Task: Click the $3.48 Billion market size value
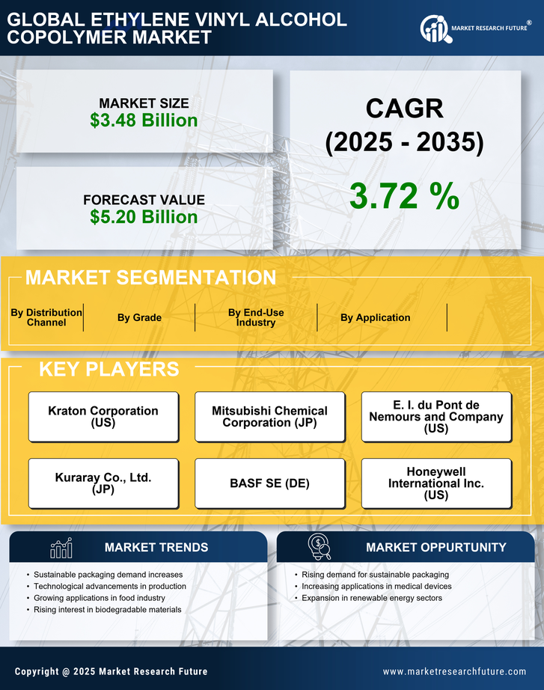[x=144, y=120]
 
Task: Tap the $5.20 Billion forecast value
[x=144, y=217]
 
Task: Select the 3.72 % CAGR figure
[x=404, y=196]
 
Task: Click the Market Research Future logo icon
[x=434, y=28]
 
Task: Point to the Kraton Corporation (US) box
[x=103, y=417]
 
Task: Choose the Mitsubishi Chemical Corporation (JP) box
[x=269, y=417]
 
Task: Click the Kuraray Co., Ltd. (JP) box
[x=103, y=483]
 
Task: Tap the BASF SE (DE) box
[x=269, y=483]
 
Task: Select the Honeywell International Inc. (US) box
[x=436, y=483]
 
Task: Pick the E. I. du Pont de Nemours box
[x=436, y=417]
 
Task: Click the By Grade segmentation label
[x=139, y=317]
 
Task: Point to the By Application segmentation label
[x=375, y=317]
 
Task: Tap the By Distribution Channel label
[x=46, y=317]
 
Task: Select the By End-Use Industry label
[x=256, y=317]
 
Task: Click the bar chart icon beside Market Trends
[x=61, y=548]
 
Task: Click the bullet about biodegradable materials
[x=108, y=610]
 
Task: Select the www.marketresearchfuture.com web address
[x=454, y=671]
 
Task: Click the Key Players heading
[x=109, y=369]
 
